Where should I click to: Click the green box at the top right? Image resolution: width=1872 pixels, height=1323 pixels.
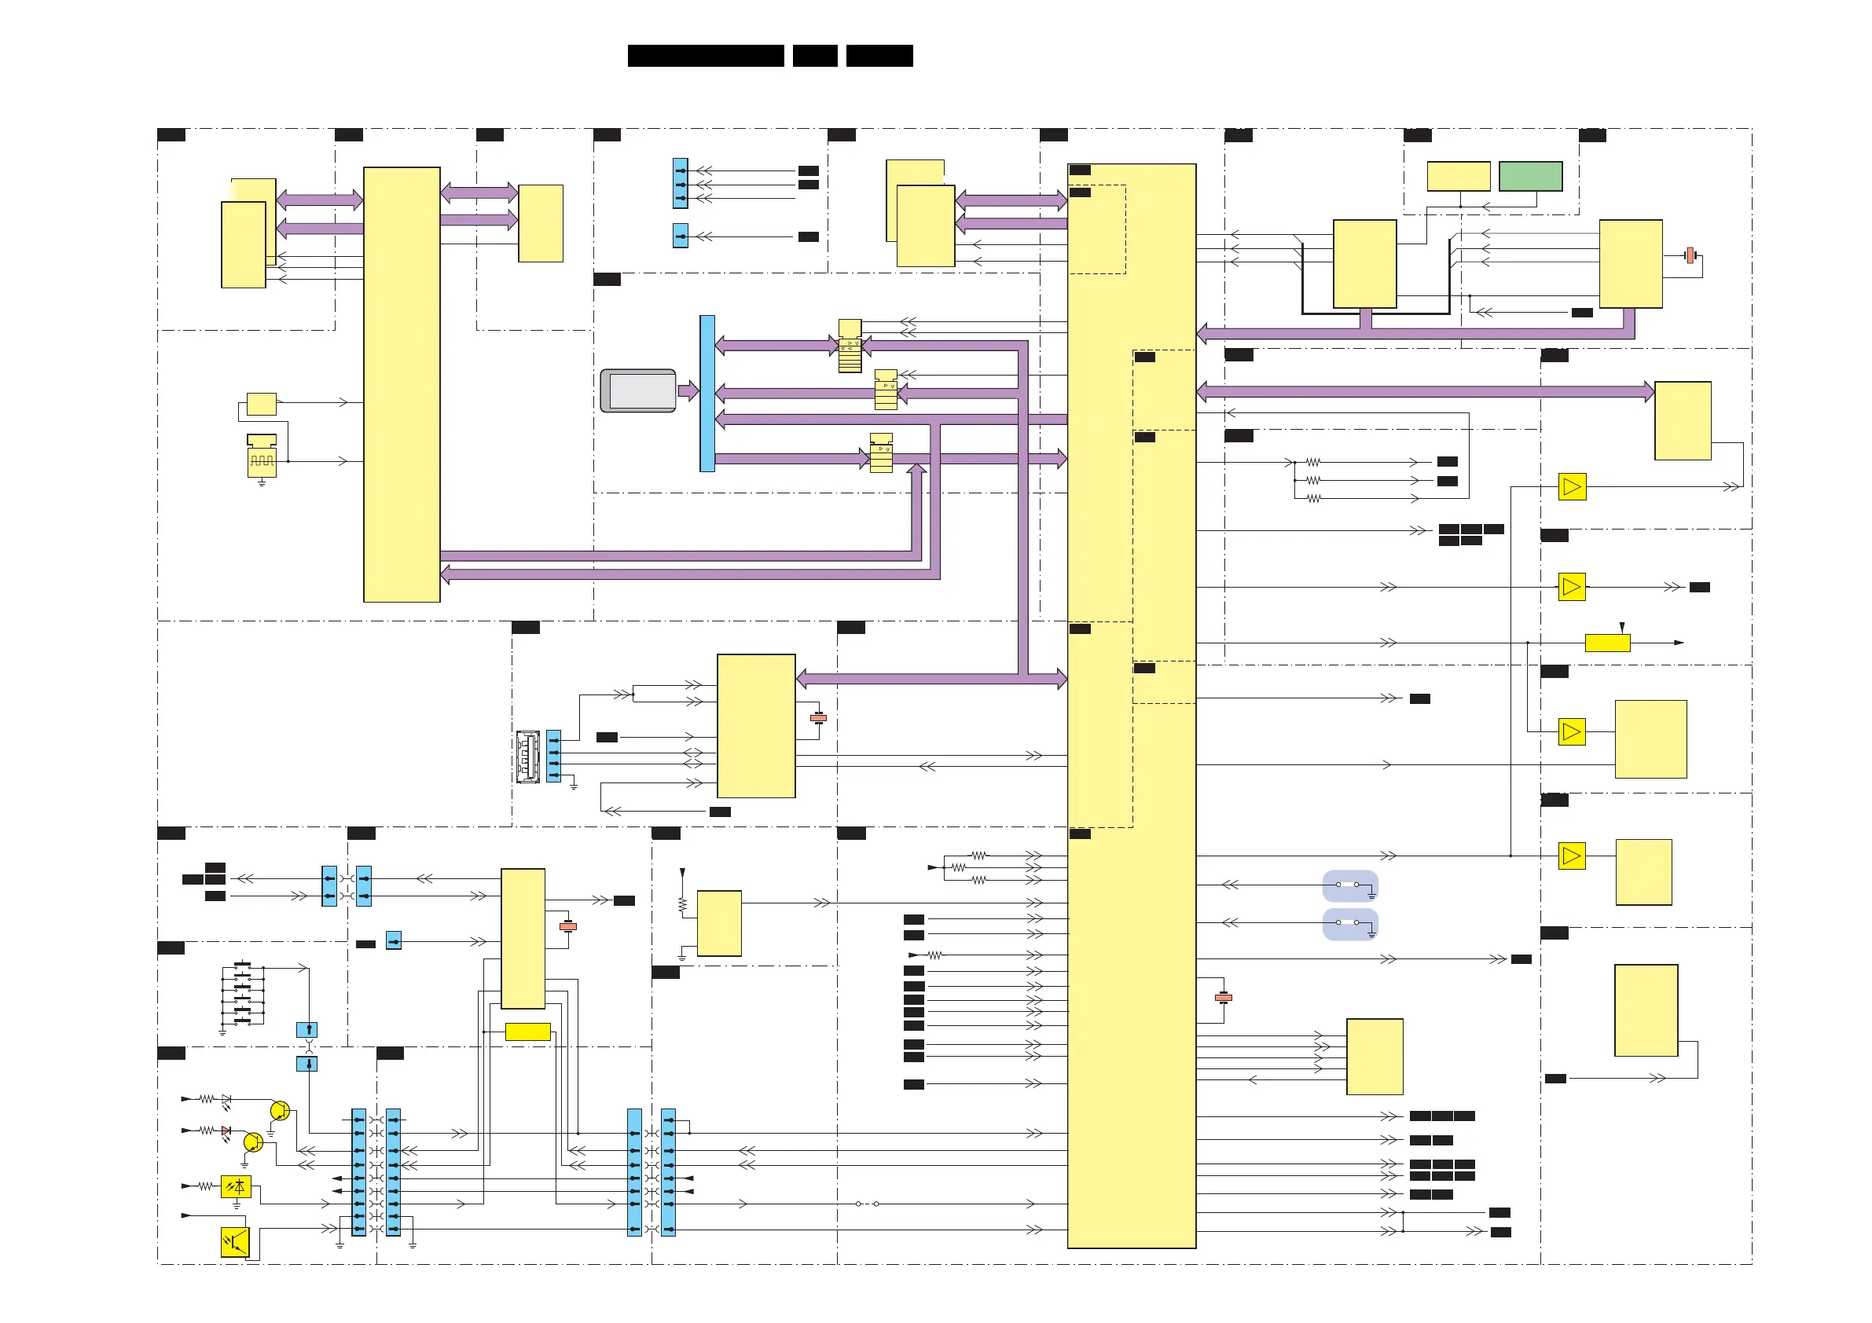(x=1529, y=176)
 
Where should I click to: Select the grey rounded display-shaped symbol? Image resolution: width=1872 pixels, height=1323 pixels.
(x=637, y=390)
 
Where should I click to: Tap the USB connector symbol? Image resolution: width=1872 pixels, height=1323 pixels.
(x=527, y=757)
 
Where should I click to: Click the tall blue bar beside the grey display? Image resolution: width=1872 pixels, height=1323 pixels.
(x=707, y=393)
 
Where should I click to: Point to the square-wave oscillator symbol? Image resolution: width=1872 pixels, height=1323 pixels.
(x=262, y=461)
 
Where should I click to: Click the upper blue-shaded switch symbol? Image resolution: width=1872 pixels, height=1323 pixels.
(x=1349, y=885)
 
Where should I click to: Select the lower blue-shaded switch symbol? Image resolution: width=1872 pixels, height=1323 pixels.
(x=1349, y=924)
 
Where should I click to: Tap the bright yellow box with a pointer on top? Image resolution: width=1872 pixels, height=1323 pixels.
(x=1607, y=643)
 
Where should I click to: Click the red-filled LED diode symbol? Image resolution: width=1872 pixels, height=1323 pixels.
(x=226, y=1131)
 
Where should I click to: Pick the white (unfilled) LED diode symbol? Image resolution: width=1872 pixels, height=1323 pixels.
(x=226, y=1099)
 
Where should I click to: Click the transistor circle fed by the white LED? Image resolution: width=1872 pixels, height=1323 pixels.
(x=280, y=1110)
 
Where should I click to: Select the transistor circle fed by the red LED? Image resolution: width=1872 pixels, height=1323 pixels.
(x=253, y=1142)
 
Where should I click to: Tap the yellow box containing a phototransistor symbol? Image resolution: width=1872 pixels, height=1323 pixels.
(x=235, y=1242)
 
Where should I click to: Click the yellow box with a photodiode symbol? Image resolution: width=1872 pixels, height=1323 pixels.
(x=236, y=1187)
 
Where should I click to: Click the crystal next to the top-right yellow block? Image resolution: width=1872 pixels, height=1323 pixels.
(x=1691, y=255)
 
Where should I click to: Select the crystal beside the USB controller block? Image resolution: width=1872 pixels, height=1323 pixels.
(x=819, y=718)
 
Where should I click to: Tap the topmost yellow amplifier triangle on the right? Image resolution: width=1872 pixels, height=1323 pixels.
(x=1572, y=486)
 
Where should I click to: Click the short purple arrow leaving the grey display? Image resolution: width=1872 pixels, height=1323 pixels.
(x=688, y=390)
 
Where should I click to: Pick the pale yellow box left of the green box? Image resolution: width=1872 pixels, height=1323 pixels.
(x=1458, y=176)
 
